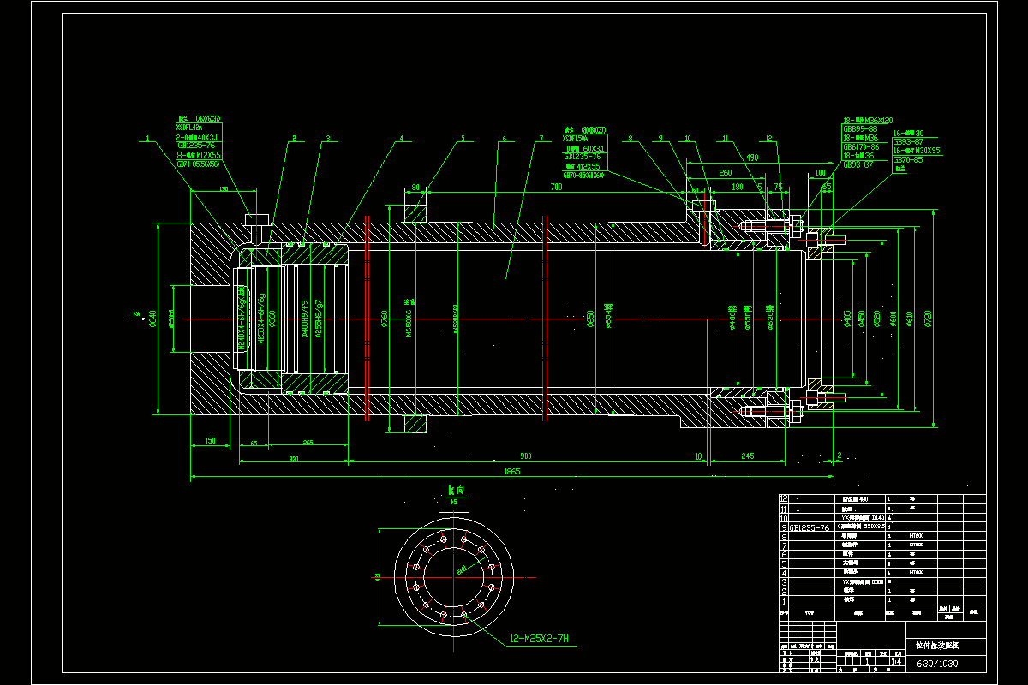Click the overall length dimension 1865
pos(511,471)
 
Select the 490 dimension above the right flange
pos(752,158)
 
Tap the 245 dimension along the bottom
pos(747,456)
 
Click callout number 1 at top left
pos(147,137)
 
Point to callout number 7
pos(541,137)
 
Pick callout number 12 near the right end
pos(768,138)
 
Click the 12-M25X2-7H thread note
pos(539,639)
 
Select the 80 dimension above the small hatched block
pos(415,187)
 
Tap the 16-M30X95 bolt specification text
pos(917,151)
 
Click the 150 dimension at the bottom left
pos(209,441)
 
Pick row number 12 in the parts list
pos(784,498)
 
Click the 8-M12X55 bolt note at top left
pos(199,155)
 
